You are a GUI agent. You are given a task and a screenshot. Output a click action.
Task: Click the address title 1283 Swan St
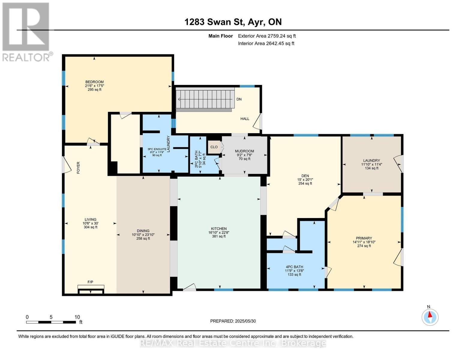pos(233,22)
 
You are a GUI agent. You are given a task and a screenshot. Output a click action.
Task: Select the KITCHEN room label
pos(218,229)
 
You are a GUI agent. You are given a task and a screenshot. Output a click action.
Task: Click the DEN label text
pos(305,176)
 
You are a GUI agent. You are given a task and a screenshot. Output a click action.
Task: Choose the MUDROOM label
pos(244,151)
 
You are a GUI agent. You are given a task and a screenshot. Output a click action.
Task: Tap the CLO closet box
pos(214,147)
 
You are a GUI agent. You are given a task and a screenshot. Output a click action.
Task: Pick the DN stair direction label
pos(239,99)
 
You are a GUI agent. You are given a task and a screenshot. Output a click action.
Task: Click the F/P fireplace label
pos(90,282)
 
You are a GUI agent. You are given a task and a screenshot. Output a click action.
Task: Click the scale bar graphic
pos(51,322)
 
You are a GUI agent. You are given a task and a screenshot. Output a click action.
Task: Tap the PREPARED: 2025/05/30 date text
pos(233,321)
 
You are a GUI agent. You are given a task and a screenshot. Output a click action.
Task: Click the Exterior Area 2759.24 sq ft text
pos(267,36)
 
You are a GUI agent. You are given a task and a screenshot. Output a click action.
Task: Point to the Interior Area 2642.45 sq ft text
pos(266,43)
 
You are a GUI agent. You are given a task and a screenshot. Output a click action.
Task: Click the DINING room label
pos(143,231)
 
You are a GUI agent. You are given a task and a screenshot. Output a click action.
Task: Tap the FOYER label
pos(78,168)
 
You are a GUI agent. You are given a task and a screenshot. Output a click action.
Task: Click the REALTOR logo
pos(26,31)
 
